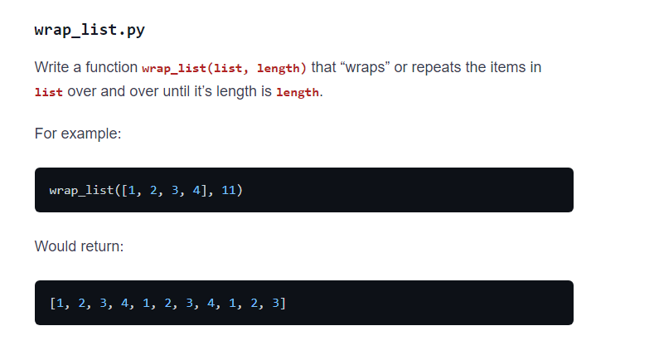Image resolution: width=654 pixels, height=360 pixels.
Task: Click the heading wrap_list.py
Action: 90,31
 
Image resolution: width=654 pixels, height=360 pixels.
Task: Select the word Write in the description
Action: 52,67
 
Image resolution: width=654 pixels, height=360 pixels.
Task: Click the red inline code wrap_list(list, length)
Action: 224,68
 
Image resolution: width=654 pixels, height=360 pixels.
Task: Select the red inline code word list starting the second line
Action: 49,92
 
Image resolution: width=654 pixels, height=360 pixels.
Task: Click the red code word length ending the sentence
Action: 297,92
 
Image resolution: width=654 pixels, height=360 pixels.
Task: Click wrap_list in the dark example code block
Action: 81,191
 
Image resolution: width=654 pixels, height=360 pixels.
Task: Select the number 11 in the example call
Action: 229,191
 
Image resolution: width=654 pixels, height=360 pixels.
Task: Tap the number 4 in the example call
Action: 197,191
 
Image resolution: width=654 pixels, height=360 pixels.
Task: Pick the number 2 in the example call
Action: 153,191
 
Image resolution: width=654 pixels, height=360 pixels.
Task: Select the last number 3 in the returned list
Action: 276,303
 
